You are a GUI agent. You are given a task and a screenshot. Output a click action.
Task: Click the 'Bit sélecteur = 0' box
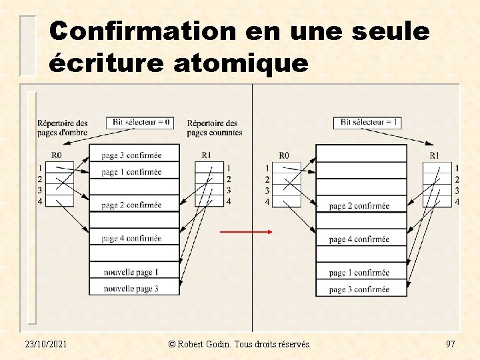142,123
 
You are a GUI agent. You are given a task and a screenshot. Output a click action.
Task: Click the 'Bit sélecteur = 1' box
369,123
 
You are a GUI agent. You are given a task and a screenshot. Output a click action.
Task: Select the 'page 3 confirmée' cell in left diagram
133,155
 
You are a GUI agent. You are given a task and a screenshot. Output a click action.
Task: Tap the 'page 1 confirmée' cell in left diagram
133,172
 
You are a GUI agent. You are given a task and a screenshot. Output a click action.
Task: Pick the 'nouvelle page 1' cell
133,272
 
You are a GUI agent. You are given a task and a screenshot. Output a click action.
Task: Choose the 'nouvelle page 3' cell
133,289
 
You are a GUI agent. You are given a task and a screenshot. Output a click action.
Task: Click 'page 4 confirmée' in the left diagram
133,239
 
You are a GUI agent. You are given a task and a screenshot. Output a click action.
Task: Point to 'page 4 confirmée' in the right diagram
360,239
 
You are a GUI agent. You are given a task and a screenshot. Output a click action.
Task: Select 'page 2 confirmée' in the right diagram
360,206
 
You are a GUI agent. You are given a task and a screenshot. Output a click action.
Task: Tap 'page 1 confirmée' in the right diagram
360,273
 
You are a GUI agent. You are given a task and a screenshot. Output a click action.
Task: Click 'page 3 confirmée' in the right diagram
360,289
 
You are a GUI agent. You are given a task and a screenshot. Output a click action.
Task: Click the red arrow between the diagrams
247,232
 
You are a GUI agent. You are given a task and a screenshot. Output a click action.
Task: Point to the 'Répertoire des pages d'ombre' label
63,127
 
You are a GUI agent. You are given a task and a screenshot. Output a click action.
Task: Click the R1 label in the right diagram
434,155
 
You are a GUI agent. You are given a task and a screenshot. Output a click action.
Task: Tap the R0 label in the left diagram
57,155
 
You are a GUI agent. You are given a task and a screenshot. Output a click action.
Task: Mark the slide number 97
450,343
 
